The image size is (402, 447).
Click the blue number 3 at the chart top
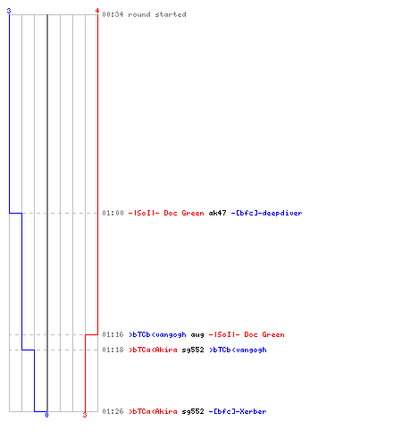[9, 11]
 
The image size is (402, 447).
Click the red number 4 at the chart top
[97, 11]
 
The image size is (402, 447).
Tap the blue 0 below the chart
[46, 415]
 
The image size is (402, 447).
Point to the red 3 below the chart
[85, 415]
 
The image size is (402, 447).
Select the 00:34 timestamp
[113, 14]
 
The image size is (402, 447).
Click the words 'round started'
[157, 14]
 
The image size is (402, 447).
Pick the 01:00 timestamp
[113, 213]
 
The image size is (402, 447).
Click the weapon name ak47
[217, 213]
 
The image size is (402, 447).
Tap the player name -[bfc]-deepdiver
[266, 213]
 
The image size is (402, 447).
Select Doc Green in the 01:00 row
[184, 213]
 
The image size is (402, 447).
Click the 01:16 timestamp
[113, 334]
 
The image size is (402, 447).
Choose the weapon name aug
[197, 335]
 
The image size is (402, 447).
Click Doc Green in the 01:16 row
[264, 334]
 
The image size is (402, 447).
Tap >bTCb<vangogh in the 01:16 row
[157, 334]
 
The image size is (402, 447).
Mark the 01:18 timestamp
[113, 350]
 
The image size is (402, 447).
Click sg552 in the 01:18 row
[193, 350]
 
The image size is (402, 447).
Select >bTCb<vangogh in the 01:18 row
[238, 350]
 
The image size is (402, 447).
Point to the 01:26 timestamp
[113, 411]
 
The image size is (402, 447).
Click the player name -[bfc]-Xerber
[238, 411]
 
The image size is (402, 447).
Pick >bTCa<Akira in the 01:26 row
[153, 411]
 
